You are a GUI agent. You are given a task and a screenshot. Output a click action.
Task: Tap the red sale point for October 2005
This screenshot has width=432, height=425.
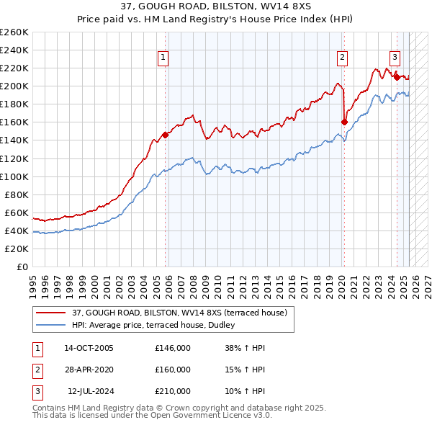(x=166, y=134)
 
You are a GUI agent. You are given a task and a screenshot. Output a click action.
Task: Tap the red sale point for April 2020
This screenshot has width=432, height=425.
(x=343, y=122)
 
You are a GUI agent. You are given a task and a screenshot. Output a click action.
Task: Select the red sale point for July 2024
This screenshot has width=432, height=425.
(x=397, y=76)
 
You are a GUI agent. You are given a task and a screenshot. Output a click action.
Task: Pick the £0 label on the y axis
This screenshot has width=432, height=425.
(x=22, y=267)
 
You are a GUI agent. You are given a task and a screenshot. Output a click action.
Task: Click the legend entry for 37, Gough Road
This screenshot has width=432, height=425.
(x=180, y=313)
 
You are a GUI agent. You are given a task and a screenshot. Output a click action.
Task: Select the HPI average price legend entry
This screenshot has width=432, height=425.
(x=158, y=325)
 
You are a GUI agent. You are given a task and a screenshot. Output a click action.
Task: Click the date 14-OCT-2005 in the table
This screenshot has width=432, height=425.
(x=89, y=348)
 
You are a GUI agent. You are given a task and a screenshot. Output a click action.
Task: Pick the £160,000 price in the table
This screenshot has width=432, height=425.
(x=173, y=370)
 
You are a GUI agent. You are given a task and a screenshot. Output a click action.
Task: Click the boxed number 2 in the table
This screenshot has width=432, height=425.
(x=37, y=370)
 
